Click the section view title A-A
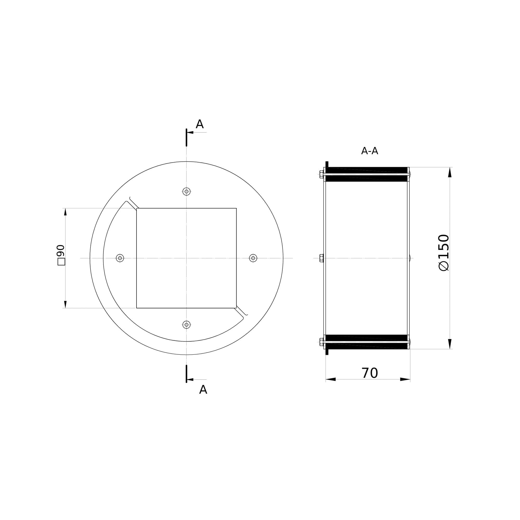(x=369, y=151)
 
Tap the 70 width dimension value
(x=369, y=373)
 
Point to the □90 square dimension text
(x=61, y=255)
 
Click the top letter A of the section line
(x=199, y=124)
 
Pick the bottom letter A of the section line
(x=203, y=390)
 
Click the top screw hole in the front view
(x=186, y=192)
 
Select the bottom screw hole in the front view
(x=186, y=324)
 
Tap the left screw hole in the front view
(x=120, y=258)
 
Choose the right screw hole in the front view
(x=253, y=258)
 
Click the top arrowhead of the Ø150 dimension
(x=450, y=172)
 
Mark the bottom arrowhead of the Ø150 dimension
(x=450, y=344)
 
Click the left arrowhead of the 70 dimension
(x=331, y=379)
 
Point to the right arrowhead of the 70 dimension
(x=405, y=379)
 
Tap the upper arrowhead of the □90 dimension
(x=65, y=212)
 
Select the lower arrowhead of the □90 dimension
(x=65, y=304)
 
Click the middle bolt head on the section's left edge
(x=321, y=258)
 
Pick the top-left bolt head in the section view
(x=321, y=174)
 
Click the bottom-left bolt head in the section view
(x=321, y=342)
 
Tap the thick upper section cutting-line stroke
(x=186, y=138)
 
